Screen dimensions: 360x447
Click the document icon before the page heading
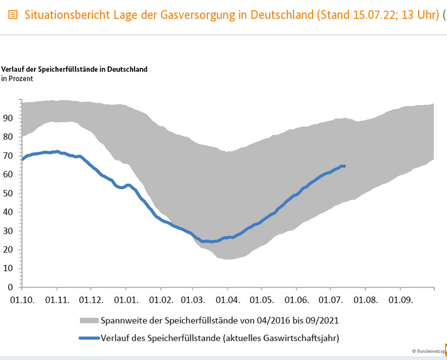tap(13, 14)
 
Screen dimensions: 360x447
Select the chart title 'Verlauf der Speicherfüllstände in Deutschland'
tap(75, 69)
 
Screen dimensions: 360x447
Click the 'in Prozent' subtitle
tap(17, 79)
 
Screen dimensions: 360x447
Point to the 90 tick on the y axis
tap(8, 118)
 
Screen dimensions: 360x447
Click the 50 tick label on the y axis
tap(8, 193)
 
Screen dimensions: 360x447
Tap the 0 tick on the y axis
tap(11, 287)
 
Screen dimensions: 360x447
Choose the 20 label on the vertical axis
tap(8, 249)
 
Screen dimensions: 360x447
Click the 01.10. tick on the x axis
tap(23, 299)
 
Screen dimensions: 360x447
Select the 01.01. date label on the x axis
tap(125, 299)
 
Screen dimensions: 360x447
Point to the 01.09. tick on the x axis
tap(400, 299)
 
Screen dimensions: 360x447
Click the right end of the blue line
tap(345, 166)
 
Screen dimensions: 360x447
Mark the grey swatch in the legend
tap(90, 321)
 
